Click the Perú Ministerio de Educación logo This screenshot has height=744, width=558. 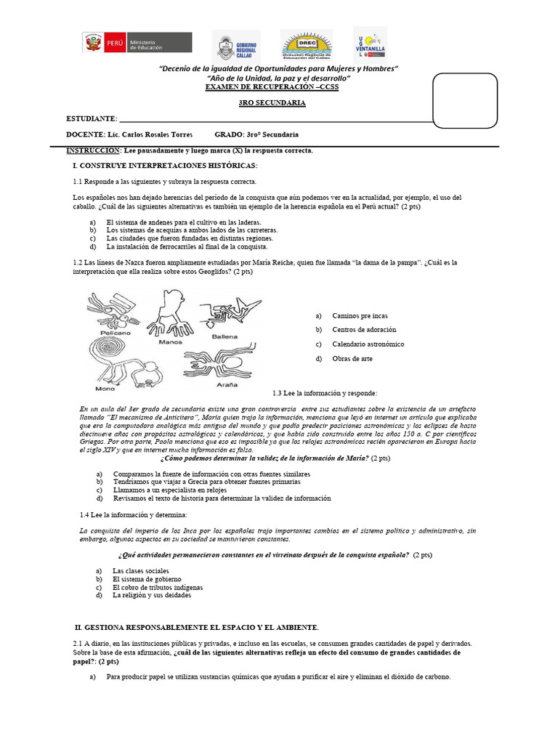pos(137,42)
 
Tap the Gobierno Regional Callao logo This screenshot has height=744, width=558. pos(234,46)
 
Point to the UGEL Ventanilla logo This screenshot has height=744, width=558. pos(370,45)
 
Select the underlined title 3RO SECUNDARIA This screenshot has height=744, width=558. pos(272,103)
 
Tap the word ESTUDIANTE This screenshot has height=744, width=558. pos(91,118)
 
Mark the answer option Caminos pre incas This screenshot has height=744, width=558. pos(360,315)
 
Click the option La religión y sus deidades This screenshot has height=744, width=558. pos(152,595)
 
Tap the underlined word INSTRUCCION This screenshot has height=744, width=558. pos(93,150)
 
